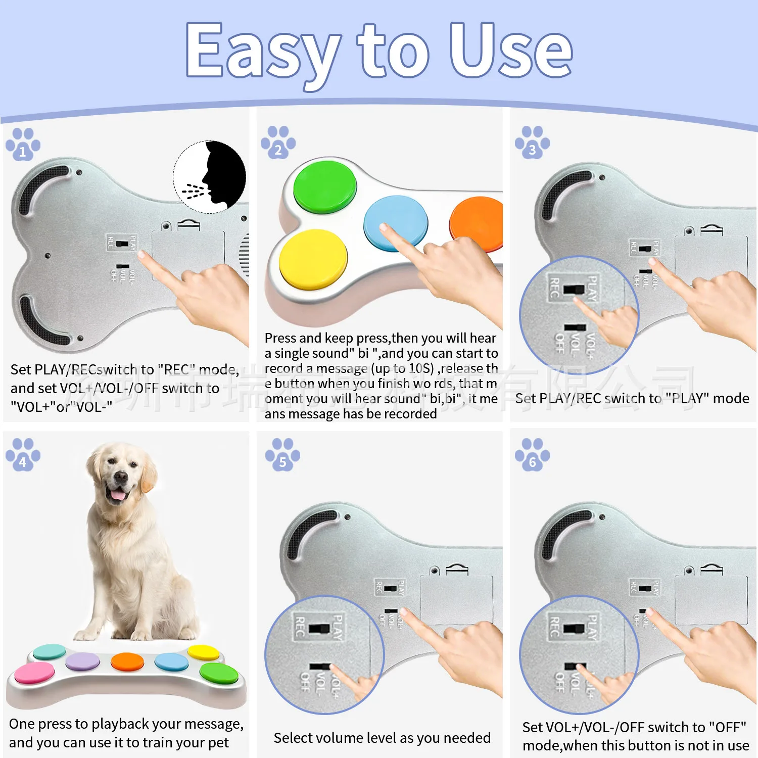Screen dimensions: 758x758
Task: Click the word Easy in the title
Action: tap(263, 53)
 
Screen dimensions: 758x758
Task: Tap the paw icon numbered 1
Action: tap(23, 145)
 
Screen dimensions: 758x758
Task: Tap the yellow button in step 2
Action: tap(313, 258)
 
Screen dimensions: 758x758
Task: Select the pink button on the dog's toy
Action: tap(34, 672)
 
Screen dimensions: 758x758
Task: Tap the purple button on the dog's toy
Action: tap(83, 660)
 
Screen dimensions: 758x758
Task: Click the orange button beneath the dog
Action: tap(128, 661)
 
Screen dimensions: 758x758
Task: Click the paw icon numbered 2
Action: tap(278, 143)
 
